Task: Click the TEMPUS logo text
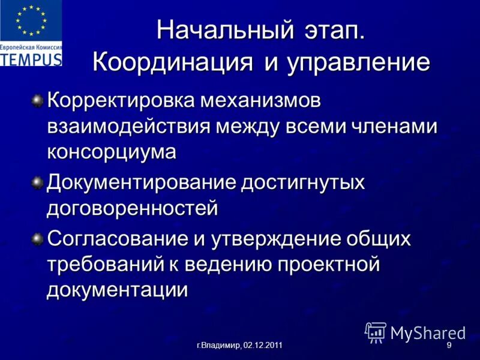coord(31,59)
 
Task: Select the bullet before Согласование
coord(38,239)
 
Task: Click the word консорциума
coord(112,152)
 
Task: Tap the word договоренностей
coord(132,209)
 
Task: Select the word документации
coord(118,290)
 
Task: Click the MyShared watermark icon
coord(376,332)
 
